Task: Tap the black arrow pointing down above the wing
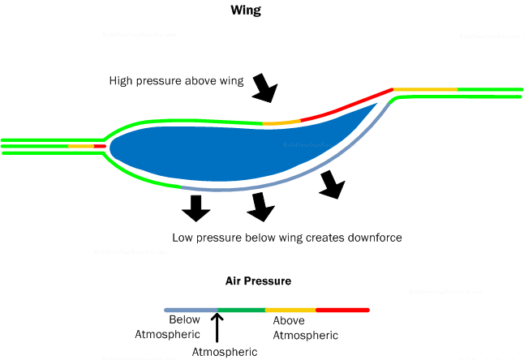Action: (x=264, y=88)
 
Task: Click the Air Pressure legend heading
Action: (x=258, y=281)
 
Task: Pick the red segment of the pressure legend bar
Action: (x=342, y=310)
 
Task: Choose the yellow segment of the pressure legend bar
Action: (x=290, y=310)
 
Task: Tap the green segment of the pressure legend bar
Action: (x=241, y=310)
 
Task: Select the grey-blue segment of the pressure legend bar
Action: (x=191, y=310)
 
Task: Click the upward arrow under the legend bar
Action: (x=217, y=328)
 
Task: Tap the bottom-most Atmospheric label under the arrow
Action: (x=225, y=352)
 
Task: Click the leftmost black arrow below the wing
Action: (x=195, y=208)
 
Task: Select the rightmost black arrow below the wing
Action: (x=330, y=185)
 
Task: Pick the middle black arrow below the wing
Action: (x=260, y=207)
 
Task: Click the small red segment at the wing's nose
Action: (x=99, y=146)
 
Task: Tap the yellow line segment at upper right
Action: (x=425, y=88)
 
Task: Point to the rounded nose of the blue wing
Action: (x=113, y=146)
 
